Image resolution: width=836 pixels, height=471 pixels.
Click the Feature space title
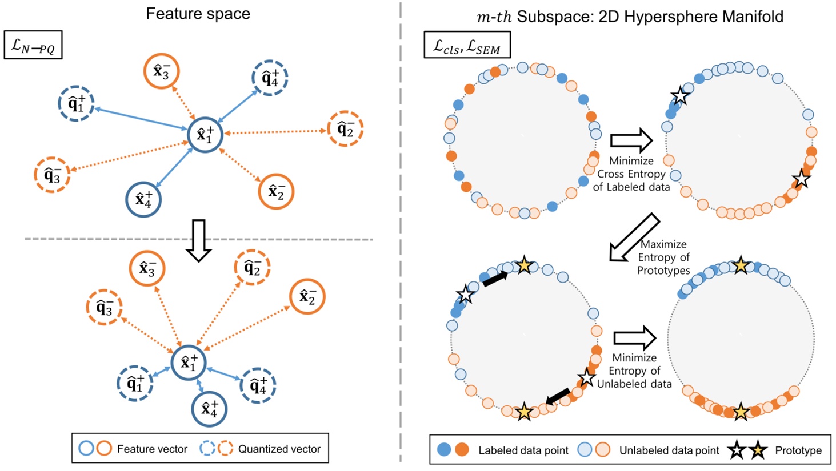click(x=198, y=14)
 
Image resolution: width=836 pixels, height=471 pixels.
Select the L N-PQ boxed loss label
click(x=33, y=45)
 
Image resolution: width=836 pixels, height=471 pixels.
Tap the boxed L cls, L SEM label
click(x=466, y=45)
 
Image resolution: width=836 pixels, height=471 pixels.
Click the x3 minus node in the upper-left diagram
click(x=162, y=71)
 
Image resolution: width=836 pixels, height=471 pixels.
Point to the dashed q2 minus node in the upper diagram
click(x=345, y=129)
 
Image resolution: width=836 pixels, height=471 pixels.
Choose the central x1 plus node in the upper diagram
click(x=205, y=135)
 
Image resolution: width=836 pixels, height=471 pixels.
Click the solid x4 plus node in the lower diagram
click(x=209, y=408)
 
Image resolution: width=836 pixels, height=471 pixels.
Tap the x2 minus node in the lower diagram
click(x=307, y=296)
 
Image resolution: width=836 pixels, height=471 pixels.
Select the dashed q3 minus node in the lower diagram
click(x=104, y=308)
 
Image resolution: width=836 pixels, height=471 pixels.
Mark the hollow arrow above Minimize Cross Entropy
click(x=631, y=140)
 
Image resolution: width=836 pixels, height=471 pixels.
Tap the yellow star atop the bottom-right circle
click(x=741, y=265)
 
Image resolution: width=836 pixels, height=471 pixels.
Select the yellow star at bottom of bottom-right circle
click(x=741, y=412)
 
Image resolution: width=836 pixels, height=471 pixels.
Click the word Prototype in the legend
click(x=798, y=450)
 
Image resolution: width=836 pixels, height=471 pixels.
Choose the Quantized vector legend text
click(x=279, y=449)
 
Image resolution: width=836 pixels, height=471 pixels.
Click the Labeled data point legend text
click(x=523, y=450)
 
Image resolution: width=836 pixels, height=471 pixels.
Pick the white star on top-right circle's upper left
click(x=679, y=95)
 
